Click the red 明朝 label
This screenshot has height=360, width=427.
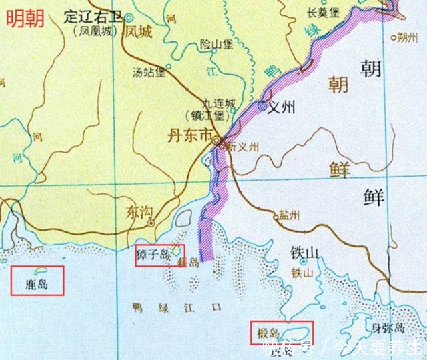(x=25, y=19)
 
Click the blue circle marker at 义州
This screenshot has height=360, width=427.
(x=263, y=105)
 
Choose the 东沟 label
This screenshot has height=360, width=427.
(x=139, y=213)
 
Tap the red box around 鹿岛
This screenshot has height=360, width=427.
(x=38, y=281)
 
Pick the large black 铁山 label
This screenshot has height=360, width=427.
(x=303, y=254)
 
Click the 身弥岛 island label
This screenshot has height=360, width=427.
(x=388, y=327)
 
